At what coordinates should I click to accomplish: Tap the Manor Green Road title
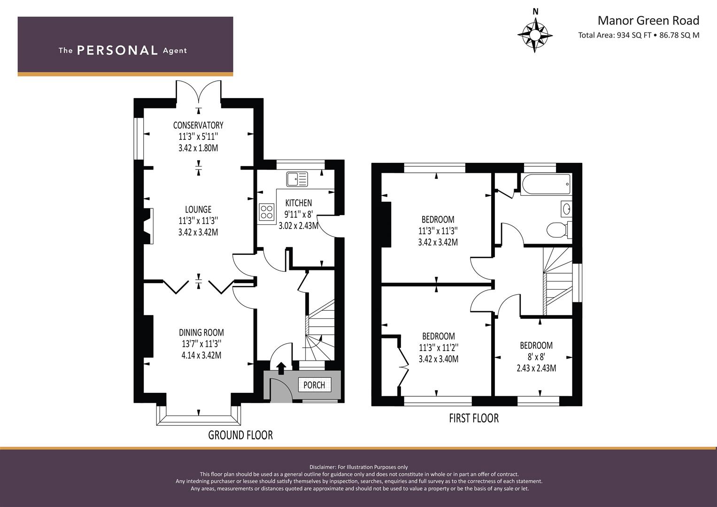[648, 21]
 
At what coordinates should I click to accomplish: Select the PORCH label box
[314, 385]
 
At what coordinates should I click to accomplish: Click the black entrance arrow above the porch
[281, 368]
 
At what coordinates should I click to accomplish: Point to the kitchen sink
[297, 179]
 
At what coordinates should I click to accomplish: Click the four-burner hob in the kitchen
[267, 211]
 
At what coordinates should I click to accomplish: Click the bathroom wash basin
[566, 208]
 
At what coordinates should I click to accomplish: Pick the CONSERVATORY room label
[198, 125]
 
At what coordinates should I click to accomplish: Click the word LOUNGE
[198, 210]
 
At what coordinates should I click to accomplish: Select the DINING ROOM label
[201, 333]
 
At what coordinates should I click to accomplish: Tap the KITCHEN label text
[299, 203]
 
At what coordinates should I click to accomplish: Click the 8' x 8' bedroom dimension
[536, 357]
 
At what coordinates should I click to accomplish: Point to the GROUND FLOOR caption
[240, 435]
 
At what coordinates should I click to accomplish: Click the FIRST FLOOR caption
[474, 418]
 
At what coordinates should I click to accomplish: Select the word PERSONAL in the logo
[117, 51]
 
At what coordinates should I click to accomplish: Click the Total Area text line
[639, 35]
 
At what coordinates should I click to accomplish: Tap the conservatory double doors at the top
[199, 92]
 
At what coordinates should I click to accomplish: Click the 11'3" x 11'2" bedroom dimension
[438, 348]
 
